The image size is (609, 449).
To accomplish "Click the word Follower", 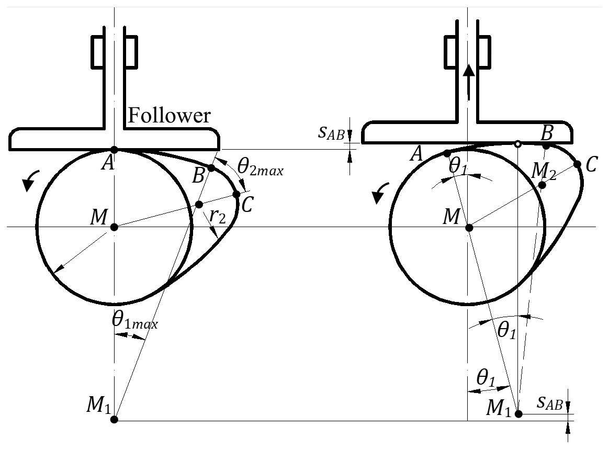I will click(170, 115).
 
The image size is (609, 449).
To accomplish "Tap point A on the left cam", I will click(115, 150).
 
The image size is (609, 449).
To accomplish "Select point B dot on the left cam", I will click(211, 167).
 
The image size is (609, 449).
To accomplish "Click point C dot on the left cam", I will click(236, 194).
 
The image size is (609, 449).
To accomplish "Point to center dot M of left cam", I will click(115, 227).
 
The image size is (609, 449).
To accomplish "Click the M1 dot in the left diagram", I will click(115, 419).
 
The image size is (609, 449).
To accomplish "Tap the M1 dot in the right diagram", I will click(518, 414).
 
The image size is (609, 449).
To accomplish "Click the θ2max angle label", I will click(260, 168).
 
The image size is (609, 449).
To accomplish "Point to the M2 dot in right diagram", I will click(542, 185).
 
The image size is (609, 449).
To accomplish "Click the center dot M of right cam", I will click(469, 227).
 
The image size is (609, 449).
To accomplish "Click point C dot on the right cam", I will click(578, 164).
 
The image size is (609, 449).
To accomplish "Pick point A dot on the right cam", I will click(447, 153).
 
